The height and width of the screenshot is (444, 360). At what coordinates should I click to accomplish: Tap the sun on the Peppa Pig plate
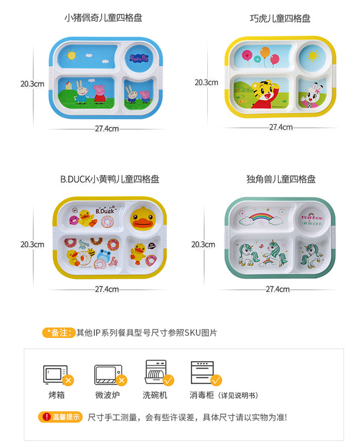pos(71,55)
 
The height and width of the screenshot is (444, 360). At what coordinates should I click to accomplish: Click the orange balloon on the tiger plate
pos(265,52)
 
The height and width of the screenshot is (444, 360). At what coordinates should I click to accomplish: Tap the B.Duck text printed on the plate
pos(104,210)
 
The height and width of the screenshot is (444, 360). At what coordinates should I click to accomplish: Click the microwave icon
pos(107,374)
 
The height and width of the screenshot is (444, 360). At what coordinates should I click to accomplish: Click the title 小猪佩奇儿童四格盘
pos(103,18)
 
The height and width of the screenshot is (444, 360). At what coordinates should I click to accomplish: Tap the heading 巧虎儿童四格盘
pos(280,18)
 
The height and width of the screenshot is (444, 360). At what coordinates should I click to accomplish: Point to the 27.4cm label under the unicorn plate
pos(278,289)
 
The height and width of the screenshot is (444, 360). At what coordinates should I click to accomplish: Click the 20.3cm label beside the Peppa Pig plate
pos(32,84)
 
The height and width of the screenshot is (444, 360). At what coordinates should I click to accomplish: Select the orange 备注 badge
pos(58,332)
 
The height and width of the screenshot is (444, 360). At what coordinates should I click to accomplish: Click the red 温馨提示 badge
pos(60,417)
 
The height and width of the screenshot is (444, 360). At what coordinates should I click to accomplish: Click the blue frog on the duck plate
pos(103,256)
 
